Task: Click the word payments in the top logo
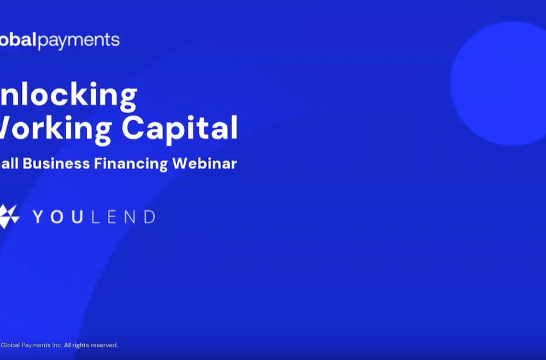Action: (x=78, y=40)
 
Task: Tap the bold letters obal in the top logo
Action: (x=18, y=40)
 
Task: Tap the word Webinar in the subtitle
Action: (x=205, y=163)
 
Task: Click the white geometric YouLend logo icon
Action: (x=9, y=216)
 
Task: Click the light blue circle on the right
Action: (x=498, y=84)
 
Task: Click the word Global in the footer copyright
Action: (x=10, y=345)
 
